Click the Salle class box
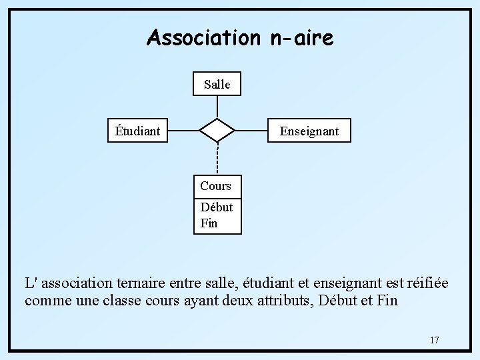217,84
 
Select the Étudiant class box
138,131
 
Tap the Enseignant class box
309,131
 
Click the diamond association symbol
217,131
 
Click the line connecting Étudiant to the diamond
183,131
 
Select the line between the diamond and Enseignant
251,131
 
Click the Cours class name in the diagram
215,186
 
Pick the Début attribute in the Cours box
216,207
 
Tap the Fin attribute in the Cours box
209,223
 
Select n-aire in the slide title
302,38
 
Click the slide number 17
434,341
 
